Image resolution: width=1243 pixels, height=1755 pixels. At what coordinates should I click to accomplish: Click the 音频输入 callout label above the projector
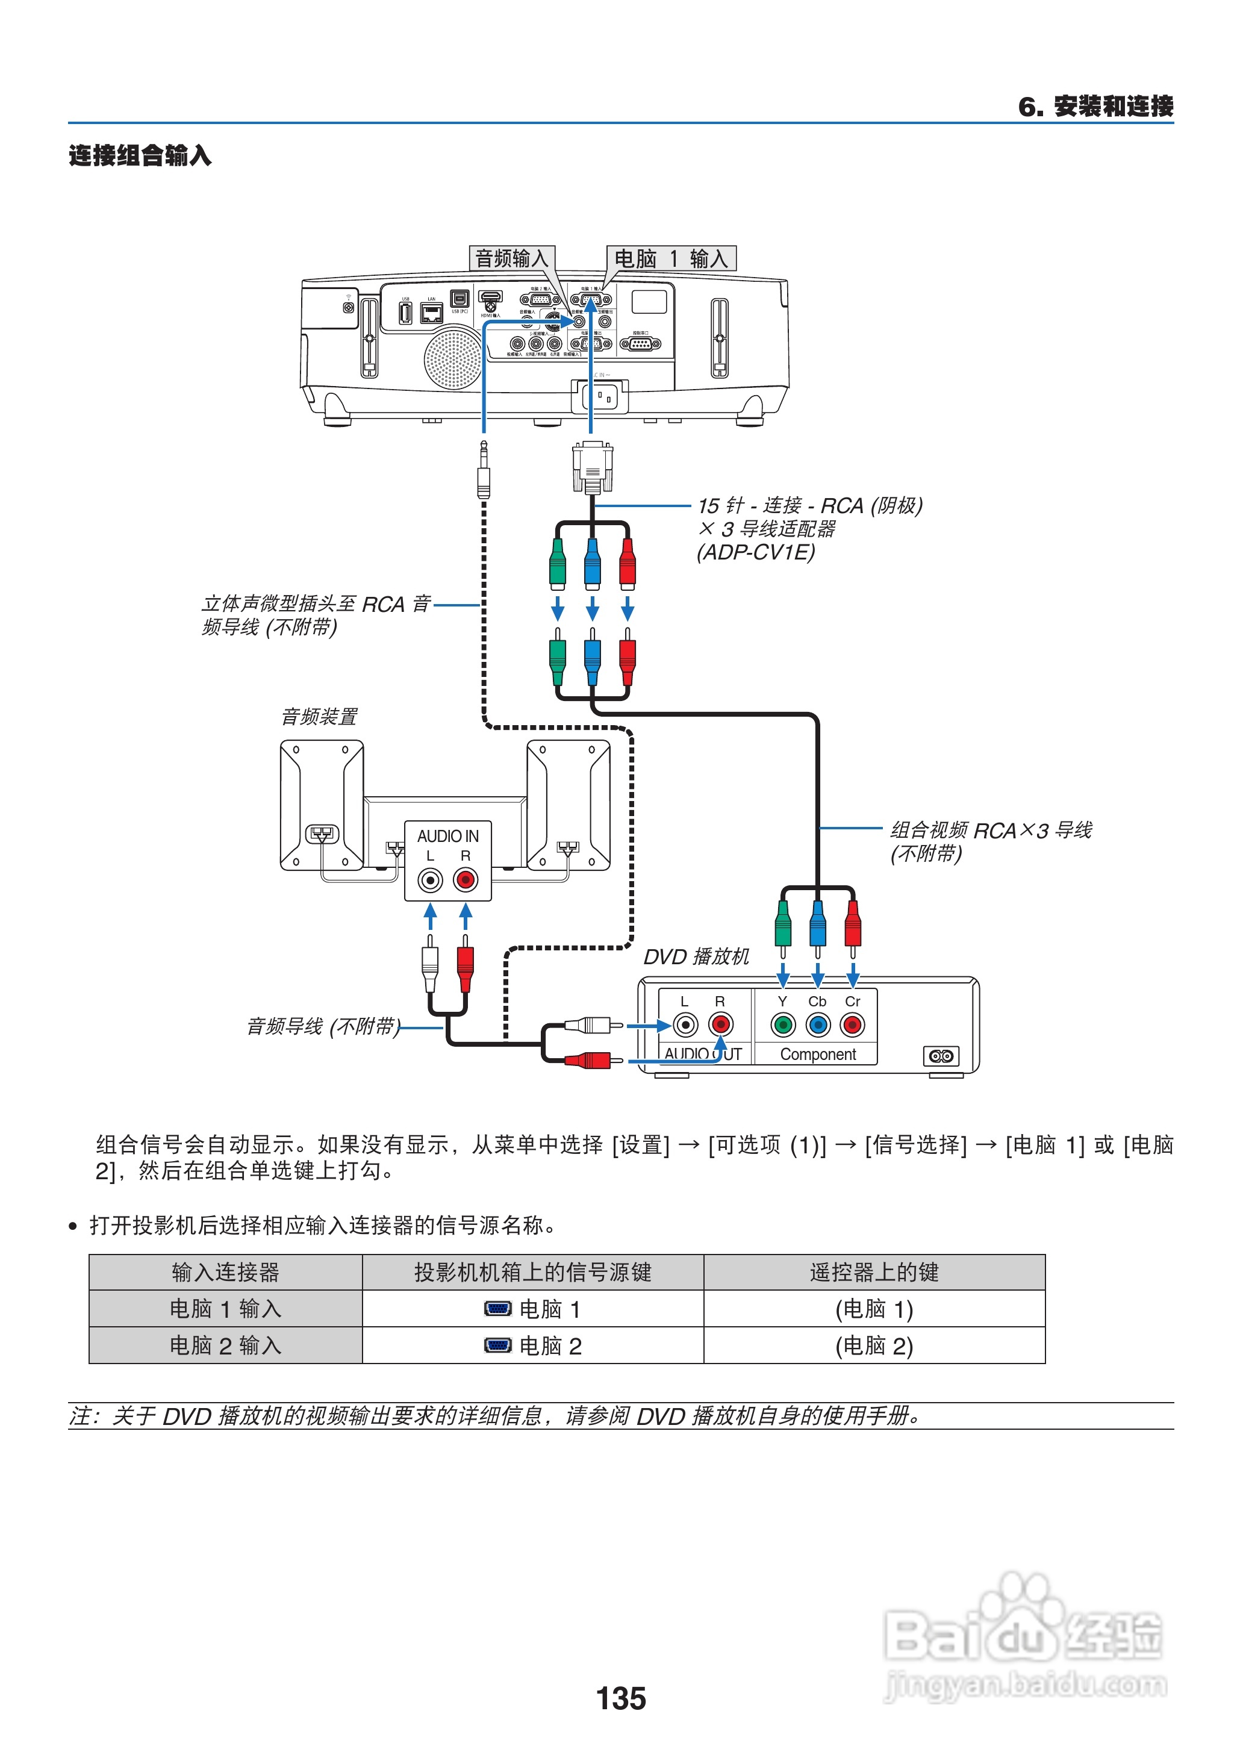coord(511,259)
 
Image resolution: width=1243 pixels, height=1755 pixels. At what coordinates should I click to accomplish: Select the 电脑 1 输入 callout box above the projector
coord(670,259)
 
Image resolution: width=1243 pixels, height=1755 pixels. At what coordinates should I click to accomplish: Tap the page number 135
coord(621,1698)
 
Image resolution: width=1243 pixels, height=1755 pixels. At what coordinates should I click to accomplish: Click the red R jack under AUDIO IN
coord(466,880)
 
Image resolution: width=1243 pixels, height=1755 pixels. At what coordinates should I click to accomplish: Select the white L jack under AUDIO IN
coord(430,880)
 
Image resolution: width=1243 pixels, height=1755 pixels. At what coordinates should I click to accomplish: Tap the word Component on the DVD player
coord(817,1054)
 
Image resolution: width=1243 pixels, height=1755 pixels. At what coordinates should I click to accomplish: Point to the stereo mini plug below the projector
coord(484,471)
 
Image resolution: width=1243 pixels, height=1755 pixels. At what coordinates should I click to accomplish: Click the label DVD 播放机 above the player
coord(696,957)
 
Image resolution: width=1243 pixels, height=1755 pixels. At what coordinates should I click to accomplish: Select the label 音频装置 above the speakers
coord(319,717)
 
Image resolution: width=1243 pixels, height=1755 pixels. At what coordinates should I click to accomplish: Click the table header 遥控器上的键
coord(874,1272)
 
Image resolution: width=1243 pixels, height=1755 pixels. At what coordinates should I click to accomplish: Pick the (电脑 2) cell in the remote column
coord(874,1345)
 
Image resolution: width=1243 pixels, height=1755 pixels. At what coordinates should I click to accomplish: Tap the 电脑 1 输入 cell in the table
coord(225,1309)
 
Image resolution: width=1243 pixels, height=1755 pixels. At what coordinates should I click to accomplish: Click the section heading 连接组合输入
coord(140,155)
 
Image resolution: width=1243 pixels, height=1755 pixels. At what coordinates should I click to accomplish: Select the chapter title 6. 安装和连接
coord(1095,107)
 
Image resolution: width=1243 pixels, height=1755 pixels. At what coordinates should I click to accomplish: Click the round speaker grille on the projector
coord(453,357)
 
